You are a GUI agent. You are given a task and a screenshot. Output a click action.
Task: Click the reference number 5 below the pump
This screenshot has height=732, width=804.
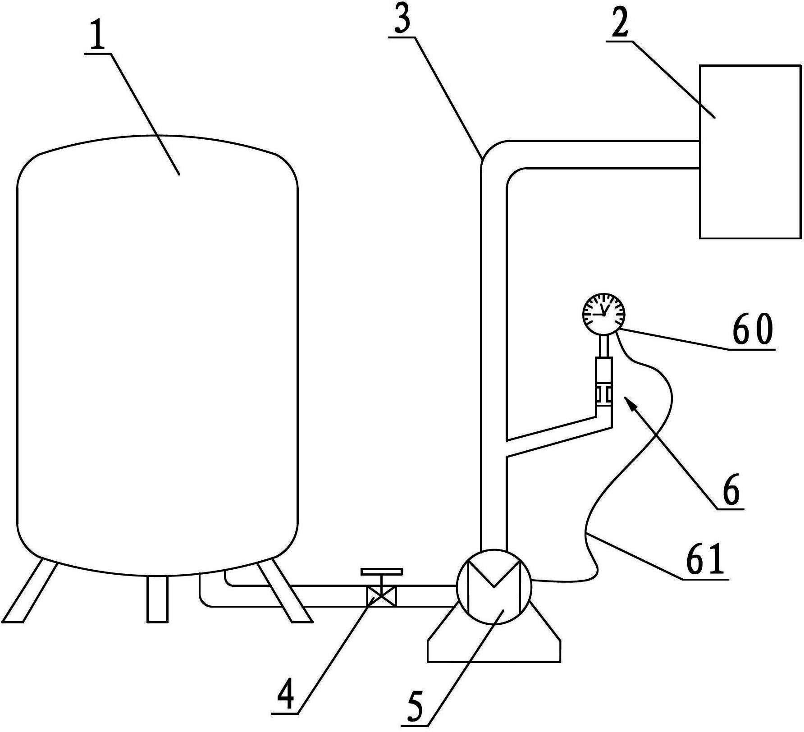[x=415, y=706]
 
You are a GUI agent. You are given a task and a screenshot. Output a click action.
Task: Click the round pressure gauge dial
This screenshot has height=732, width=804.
[x=604, y=313]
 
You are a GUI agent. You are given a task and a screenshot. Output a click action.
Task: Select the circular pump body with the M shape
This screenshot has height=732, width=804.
[x=494, y=586]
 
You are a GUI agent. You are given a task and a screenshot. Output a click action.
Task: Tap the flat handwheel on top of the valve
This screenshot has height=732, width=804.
[x=381, y=572]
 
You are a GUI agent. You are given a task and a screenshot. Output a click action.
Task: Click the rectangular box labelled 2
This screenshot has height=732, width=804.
[x=750, y=151]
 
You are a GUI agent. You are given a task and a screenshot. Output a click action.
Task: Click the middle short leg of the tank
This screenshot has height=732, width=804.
[x=157, y=599]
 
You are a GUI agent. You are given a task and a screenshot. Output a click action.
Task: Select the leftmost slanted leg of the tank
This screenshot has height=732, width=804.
[x=31, y=591]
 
